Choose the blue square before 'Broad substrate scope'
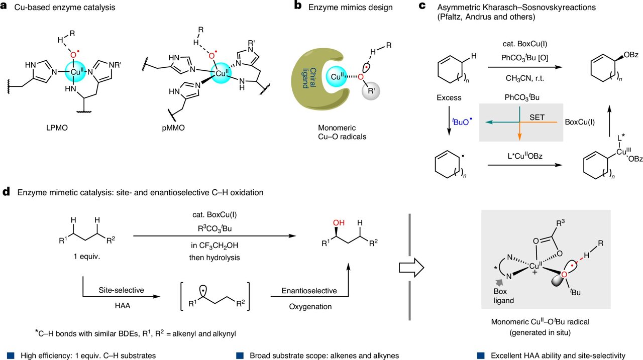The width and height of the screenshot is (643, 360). (x=240, y=354)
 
